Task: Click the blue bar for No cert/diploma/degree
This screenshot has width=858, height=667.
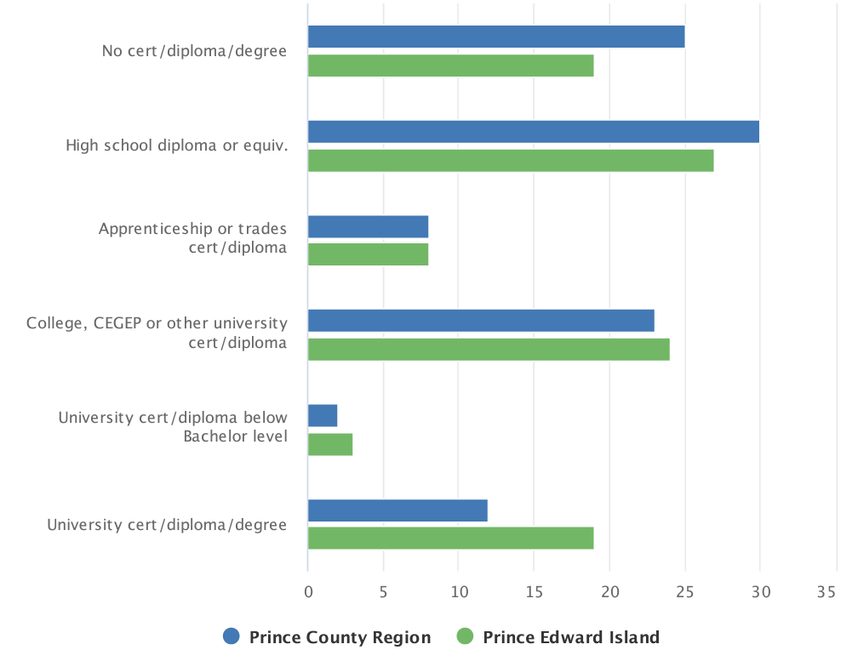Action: (x=496, y=37)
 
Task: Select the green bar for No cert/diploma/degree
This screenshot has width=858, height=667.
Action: (x=450, y=66)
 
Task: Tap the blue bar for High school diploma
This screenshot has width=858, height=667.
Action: (x=534, y=132)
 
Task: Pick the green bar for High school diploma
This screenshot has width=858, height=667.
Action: (x=511, y=161)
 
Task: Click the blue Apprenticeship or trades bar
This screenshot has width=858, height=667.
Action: (x=368, y=226)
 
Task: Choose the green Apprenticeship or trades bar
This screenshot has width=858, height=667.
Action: (x=368, y=255)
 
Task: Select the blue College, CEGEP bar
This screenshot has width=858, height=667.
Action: (x=481, y=321)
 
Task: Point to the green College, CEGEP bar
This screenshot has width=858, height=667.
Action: (x=489, y=350)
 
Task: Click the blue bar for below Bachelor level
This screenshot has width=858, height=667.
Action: (x=323, y=415)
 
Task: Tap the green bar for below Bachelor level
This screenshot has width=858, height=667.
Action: (x=330, y=444)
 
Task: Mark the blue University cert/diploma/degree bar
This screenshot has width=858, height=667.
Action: (x=398, y=510)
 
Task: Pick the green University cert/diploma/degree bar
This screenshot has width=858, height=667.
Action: (x=450, y=539)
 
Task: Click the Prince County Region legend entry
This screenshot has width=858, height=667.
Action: (x=328, y=637)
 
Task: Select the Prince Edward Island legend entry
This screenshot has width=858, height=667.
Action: (x=558, y=637)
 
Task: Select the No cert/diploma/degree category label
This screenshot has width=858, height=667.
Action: (x=194, y=51)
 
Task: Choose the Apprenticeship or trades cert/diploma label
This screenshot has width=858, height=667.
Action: (x=193, y=238)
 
